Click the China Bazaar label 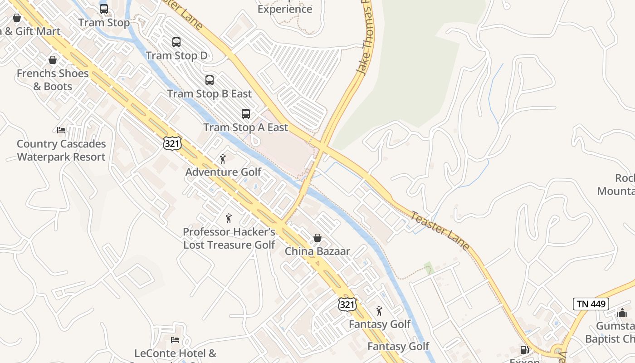click(x=317, y=251)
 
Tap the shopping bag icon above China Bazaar click(x=317, y=238)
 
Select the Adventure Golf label click(x=224, y=172)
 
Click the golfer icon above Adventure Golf click(x=223, y=159)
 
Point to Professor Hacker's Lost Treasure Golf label click(x=229, y=238)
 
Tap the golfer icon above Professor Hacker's click(x=229, y=218)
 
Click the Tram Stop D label click(x=176, y=56)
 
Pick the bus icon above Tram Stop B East click(x=210, y=80)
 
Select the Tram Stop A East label click(x=245, y=128)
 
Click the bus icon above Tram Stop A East click(x=246, y=114)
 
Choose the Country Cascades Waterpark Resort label click(x=61, y=150)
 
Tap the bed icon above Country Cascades click(x=61, y=130)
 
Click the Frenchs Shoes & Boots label click(x=53, y=80)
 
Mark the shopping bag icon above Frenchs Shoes click(x=53, y=60)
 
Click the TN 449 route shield click(x=591, y=304)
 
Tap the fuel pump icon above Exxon click(x=525, y=350)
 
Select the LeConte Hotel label click(x=176, y=353)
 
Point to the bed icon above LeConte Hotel click(x=175, y=340)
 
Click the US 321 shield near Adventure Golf click(x=172, y=143)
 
